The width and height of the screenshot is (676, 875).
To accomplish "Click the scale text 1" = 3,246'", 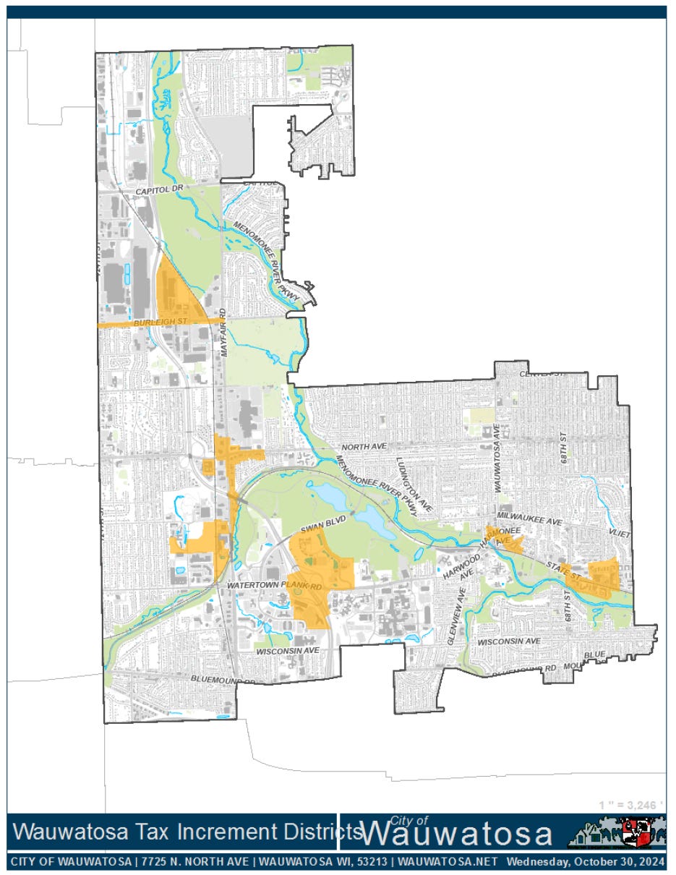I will (x=631, y=805).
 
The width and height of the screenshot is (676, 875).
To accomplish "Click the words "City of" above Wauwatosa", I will (x=410, y=819).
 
